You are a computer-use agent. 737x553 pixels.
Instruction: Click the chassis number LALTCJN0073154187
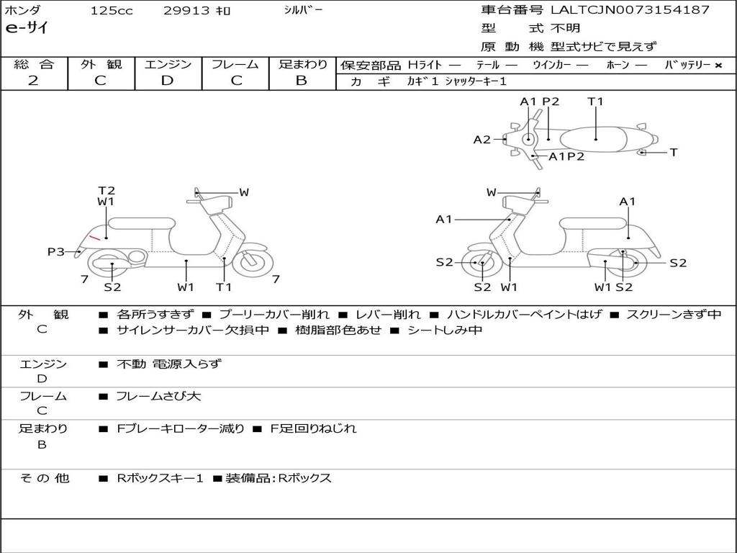click(630, 10)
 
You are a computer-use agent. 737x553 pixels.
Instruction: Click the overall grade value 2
click(33, 81)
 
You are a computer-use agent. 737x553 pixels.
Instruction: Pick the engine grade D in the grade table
click(167, 81)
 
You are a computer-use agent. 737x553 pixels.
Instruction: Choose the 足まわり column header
click(302, 65)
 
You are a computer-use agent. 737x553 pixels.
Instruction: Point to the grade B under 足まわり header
click(302, 81)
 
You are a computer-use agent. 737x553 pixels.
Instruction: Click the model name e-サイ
click(27, 29)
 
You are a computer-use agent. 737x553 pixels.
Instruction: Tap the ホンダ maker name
click(23, 11)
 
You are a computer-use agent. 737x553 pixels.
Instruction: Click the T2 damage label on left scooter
click(107, 191)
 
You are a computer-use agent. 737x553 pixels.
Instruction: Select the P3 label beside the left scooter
click(56, 251)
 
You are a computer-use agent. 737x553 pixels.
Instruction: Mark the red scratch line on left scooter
click(95, 238)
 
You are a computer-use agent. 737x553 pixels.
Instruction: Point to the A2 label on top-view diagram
click(481, 140)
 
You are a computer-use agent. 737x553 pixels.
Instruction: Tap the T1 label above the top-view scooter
click(595, 102)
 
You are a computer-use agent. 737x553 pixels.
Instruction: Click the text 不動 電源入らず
click(168, 364)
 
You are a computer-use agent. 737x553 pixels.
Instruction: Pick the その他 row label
click(44, 478)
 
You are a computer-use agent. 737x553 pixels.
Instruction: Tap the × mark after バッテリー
click(718, 66)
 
